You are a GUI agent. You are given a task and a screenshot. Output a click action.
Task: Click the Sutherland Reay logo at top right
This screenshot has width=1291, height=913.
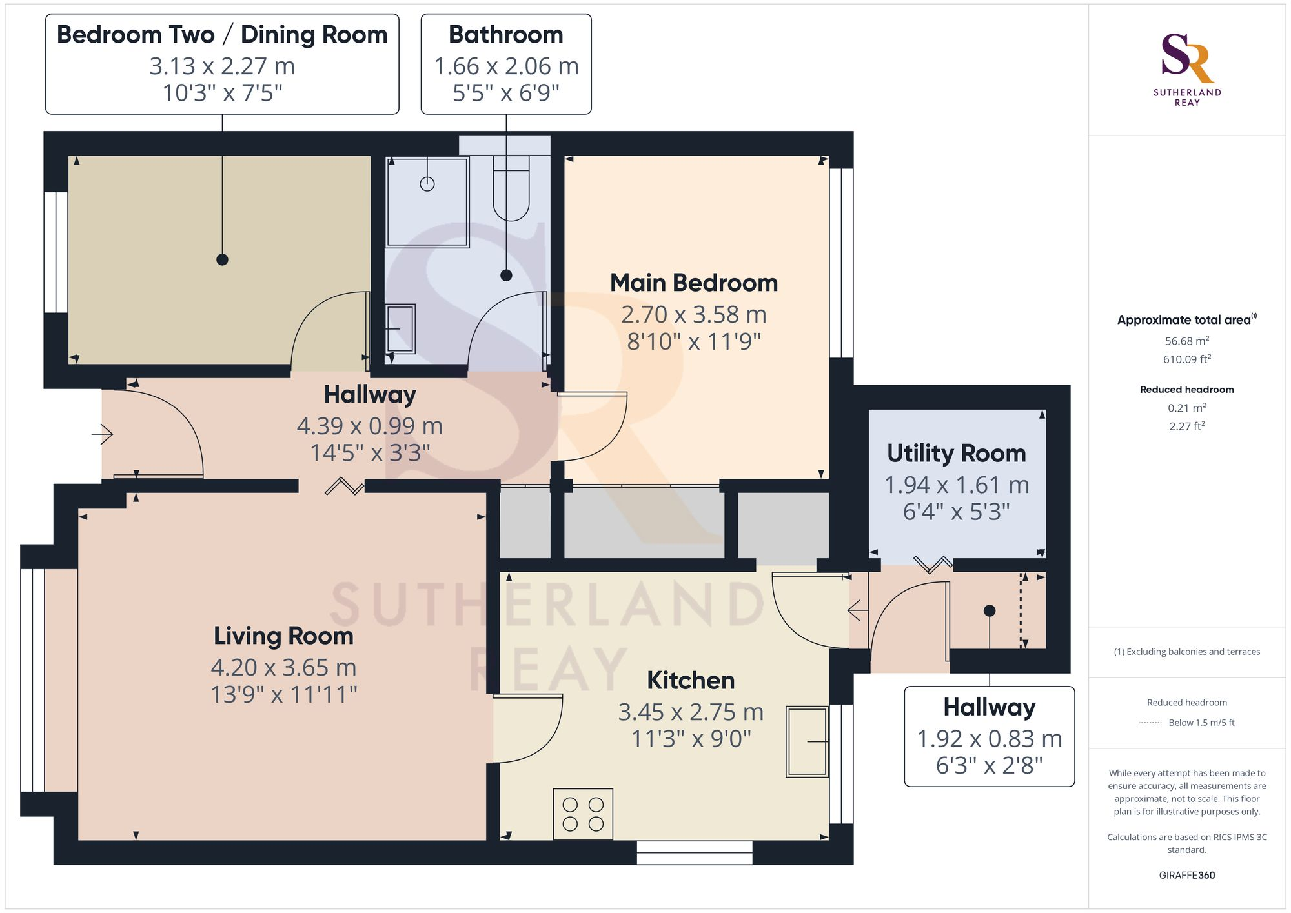[1186, 68]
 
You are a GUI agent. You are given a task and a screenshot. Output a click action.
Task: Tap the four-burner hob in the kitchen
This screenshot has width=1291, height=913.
[583, 814]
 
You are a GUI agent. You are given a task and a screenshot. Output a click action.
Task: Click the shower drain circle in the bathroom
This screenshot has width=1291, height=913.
[427, 184]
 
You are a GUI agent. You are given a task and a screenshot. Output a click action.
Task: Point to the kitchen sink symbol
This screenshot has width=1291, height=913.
[807, 741]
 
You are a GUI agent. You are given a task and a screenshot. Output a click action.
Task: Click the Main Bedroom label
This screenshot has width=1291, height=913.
[694, 283]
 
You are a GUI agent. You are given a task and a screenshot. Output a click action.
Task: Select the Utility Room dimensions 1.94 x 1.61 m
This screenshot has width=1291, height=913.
[956, 485]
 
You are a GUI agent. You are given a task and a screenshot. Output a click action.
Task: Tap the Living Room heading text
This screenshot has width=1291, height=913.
[283, 636]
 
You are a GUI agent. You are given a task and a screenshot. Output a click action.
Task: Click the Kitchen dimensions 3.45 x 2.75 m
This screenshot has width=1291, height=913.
[691, 712]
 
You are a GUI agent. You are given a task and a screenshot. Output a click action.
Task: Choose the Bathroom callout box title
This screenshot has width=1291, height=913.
[505, 35]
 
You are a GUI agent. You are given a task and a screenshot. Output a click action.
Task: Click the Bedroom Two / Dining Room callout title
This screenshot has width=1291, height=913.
[222, 35]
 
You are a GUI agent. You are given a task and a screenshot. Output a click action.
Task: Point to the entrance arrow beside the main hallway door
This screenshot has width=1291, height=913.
[103, 434]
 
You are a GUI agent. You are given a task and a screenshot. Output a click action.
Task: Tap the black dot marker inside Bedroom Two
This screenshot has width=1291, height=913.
[222, 259]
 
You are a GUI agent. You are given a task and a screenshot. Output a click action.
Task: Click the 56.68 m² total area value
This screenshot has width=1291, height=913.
[1186, 341]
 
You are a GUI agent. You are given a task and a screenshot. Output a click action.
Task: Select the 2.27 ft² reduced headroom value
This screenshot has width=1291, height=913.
[1186, 426]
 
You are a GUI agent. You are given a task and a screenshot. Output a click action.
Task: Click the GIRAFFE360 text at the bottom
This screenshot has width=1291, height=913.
[1186, 875]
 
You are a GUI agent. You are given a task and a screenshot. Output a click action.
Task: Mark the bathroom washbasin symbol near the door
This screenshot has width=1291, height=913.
[400, 329]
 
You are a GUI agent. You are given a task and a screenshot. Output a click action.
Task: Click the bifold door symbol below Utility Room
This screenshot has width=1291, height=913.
[933, 565]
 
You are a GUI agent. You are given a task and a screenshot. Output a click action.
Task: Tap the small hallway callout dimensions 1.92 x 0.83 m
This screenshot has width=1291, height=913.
[989, 739]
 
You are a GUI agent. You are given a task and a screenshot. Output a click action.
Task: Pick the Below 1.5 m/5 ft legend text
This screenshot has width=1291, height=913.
[1201, 723]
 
